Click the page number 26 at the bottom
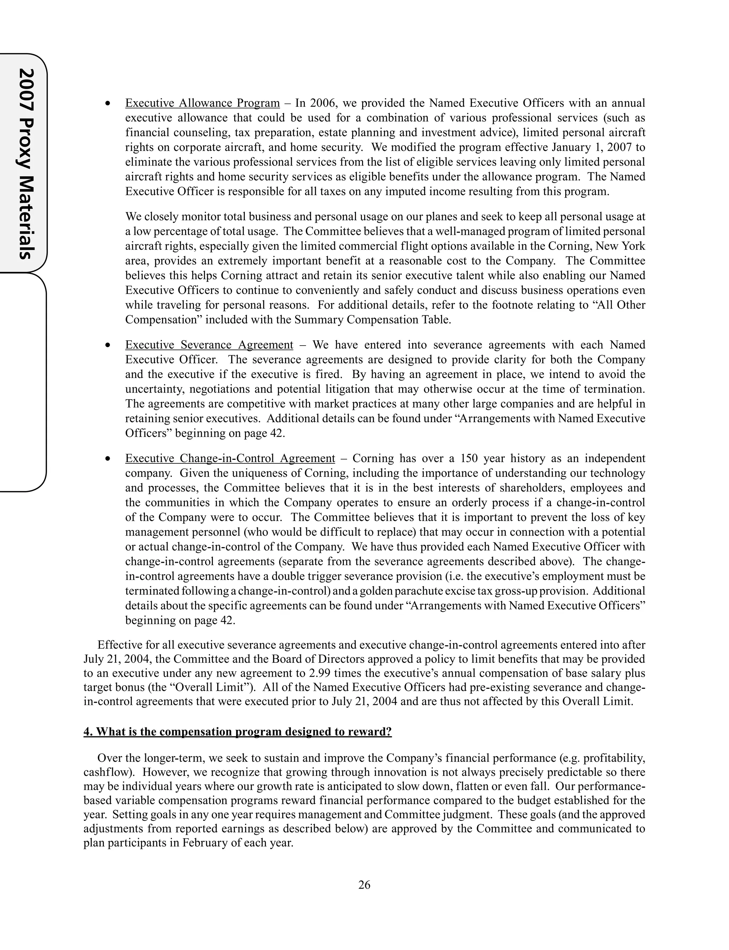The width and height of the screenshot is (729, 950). coord(364,885)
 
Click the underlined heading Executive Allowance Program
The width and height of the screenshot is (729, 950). coord(202,103)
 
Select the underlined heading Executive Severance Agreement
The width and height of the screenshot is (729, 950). coord(209,345)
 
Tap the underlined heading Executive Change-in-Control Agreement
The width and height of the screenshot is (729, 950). coord(230,458)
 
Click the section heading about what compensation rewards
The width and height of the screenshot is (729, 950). coord(237,732)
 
